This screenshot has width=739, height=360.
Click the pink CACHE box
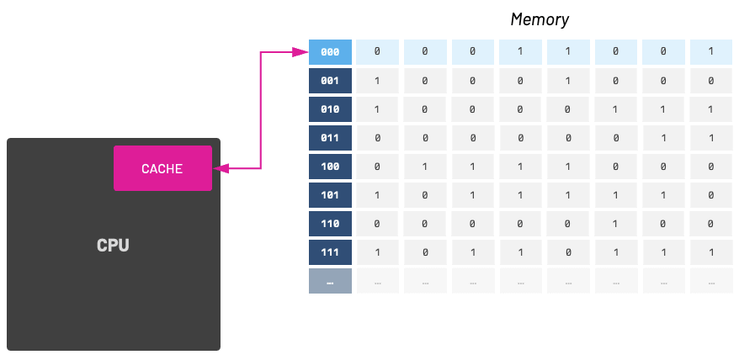(x=162, y=168)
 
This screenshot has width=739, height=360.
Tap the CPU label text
(x=113, y=246)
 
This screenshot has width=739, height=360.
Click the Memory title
(x=540, y=19)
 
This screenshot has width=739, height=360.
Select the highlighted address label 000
(x=330, y=52)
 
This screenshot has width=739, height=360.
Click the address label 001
(x=330, y=81)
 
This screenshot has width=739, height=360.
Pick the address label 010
(x=330, y=109)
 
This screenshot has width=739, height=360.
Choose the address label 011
(x=330, y=138)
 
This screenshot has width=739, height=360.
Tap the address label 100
(x=330, y=167)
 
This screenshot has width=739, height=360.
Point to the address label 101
(x=330, y=195)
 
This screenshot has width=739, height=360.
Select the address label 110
(x=330, y=224)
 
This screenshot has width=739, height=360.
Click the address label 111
(x=330, y=252)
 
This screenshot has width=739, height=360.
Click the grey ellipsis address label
(x=330, y=281)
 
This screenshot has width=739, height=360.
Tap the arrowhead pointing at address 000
(x=300, y=52)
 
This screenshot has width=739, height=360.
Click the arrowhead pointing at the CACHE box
(x=220, y=168)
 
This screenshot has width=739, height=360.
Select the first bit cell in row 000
(x=377, y=52)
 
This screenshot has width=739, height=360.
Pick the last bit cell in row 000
(x=711, y=52)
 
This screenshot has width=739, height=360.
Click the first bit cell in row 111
(x=377, y=252)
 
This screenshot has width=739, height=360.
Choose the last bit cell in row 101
(x=711, y=195)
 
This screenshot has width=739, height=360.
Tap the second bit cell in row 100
(x=425, y=167)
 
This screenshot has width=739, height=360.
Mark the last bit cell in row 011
(x=711, y=138)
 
